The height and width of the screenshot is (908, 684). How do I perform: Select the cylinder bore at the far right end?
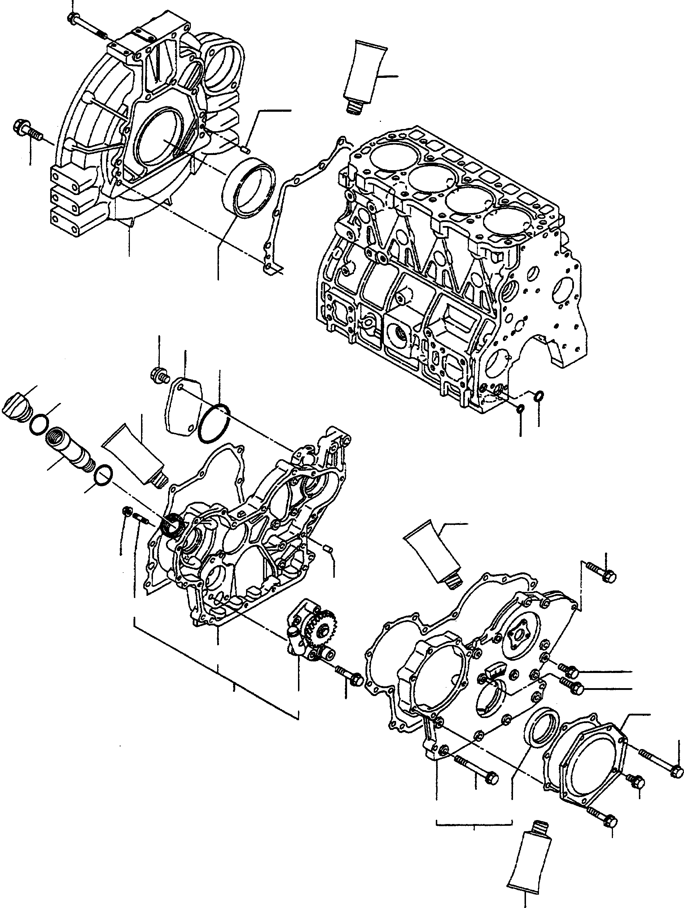click(507, 224)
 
